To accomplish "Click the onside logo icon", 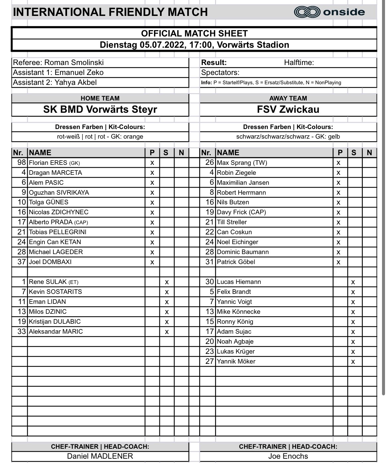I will (306, 12).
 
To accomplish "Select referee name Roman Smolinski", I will (74, 62).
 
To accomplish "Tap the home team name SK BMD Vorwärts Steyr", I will (100, 109).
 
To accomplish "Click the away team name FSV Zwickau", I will (288, 109).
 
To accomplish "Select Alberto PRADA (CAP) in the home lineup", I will (58, 222).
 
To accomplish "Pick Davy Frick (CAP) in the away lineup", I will (241, 212).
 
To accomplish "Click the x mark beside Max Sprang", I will (338, 163).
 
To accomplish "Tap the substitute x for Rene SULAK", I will (167, 282).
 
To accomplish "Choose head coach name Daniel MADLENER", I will (100, 456).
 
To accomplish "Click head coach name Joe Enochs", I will (288, 456).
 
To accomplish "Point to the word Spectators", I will (220, 73).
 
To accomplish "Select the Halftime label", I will (299, 62).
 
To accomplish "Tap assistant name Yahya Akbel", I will (74, 82).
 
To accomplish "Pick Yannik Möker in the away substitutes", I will (236, 362).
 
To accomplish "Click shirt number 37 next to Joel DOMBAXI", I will (22, 262).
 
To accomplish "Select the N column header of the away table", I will (369, 153).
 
